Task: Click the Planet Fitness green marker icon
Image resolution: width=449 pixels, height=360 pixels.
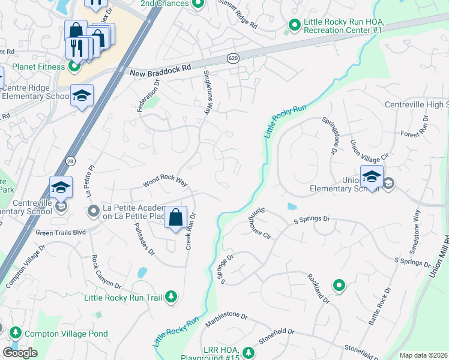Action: (74, 66)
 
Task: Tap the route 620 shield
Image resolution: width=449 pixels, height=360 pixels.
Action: (233, 58)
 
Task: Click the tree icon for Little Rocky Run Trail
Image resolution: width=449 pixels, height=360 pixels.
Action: (172, 296)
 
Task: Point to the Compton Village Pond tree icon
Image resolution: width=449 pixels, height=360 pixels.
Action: (15, 333)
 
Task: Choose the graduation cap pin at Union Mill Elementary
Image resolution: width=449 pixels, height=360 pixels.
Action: (372, 176)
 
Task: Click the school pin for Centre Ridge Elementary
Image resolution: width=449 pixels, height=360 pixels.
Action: (82, 96)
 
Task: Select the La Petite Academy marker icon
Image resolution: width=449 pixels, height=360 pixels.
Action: (93, 211)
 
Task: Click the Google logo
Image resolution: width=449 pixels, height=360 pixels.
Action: (20, 353)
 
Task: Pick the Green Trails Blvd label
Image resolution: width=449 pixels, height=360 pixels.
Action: (60, 232)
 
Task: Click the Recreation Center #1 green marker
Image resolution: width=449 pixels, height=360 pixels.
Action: (294, 25)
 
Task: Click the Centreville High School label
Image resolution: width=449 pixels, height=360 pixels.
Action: (416, 106)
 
